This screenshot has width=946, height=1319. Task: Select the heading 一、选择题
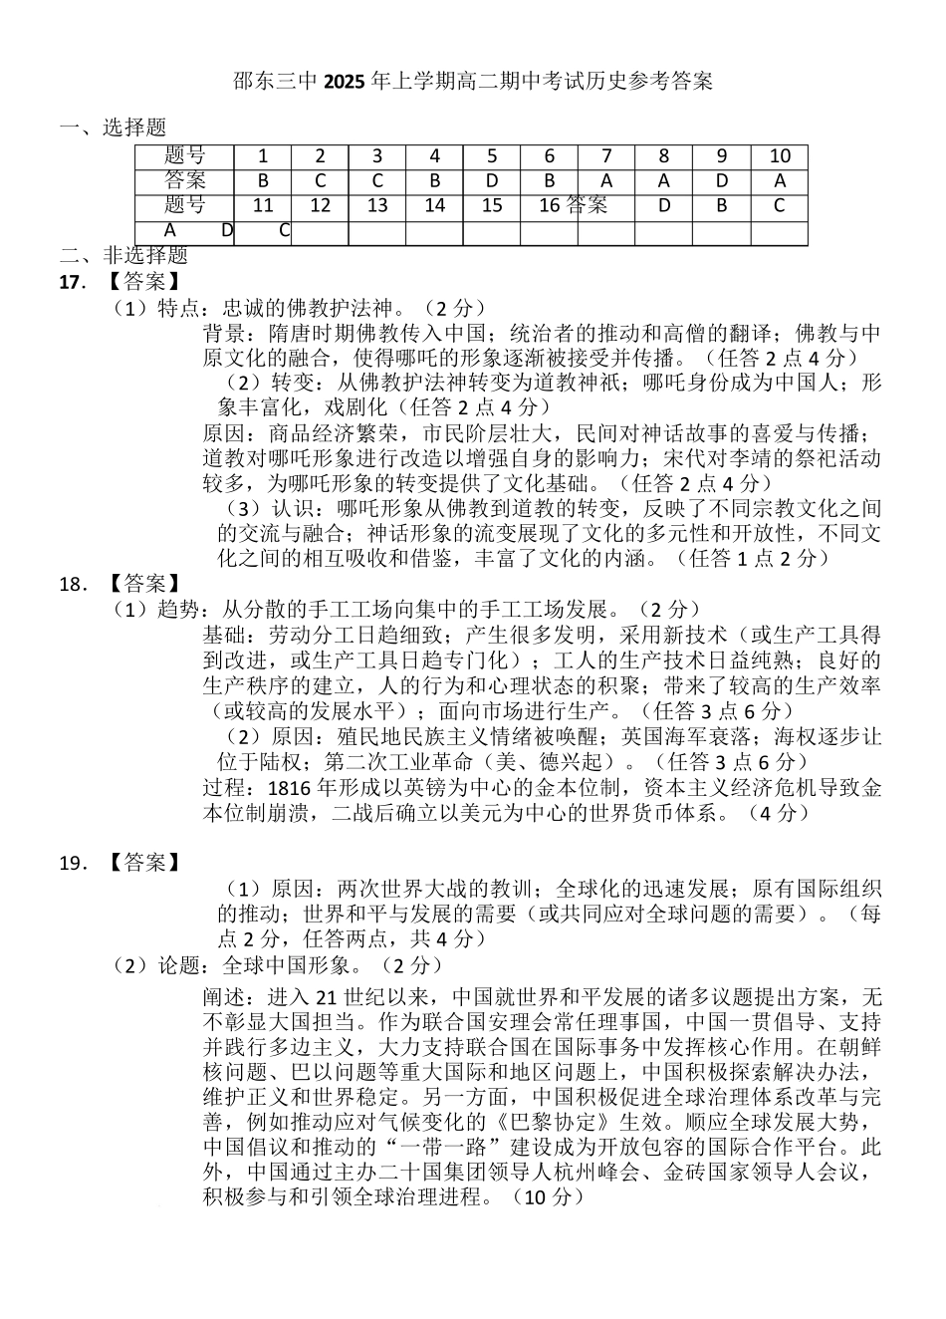(114, 128)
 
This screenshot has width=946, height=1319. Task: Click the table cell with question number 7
(606, 156)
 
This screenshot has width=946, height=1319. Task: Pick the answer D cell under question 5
(492, 181)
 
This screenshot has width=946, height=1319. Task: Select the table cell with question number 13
(377, 206)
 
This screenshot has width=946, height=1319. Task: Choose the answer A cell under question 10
(780, 181)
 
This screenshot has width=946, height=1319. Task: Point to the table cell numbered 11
(263, 206)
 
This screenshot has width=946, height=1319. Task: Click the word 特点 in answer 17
(179, 308)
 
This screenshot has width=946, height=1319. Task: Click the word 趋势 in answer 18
(179, 609)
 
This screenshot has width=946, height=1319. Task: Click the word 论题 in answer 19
(179, 965)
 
